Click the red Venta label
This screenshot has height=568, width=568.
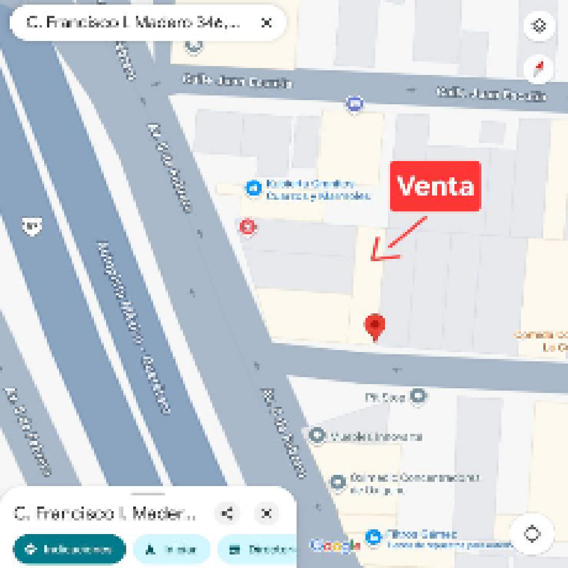[x=435, y=186]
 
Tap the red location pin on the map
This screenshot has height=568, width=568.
[x=375, y=326]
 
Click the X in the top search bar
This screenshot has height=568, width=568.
[x=267, y=22]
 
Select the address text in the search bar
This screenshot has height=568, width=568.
[x=133, y=22]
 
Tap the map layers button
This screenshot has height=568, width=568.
[x=539, y=26]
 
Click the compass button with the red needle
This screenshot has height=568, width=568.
[x=539, y=68]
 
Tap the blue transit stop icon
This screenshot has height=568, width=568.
[x=355, y=103]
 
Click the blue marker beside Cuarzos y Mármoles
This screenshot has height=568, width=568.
[x=253, y=189]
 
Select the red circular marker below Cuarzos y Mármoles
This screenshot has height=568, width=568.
[x=248, y=227]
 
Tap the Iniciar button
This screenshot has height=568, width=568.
[x=171, y=549]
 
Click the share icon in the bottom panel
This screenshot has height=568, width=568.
[x=227, y=514]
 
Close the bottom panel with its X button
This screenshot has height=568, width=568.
[x=267, y=514]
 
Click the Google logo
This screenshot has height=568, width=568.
[x=335, y=545]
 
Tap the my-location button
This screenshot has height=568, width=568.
[x=532, y=534]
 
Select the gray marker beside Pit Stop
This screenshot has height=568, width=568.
[x=419, y=396]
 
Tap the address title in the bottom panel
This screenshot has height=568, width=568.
[x=105, y=514]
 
